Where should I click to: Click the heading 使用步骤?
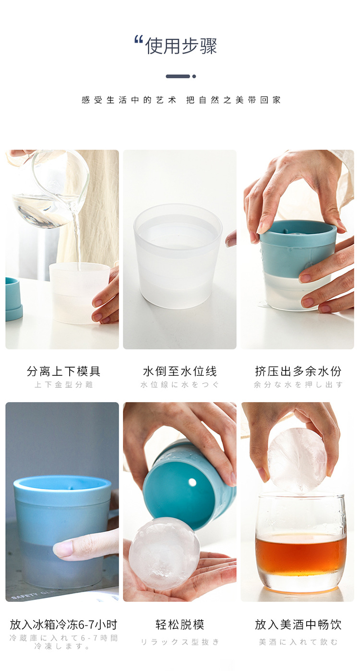coord(181,46)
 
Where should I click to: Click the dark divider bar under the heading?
coord(178,76)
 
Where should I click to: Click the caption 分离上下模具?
coord(63,371)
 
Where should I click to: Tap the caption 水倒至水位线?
coord(180,371)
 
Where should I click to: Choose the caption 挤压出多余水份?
coord(298,371)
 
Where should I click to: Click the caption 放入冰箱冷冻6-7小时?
coord(63,624)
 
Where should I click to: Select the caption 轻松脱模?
coord(180,624)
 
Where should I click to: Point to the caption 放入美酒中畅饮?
coord(298,624)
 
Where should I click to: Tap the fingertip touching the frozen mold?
coord(62,549)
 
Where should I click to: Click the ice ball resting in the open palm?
coord(164,553)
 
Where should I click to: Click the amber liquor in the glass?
coord(300,554)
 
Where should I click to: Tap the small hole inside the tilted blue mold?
coord(192,482)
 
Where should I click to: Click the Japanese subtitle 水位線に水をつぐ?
coord(180,384)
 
